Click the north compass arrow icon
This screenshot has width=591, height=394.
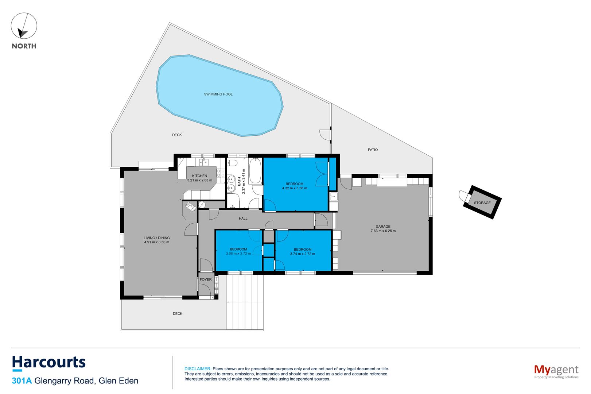pos(24,26)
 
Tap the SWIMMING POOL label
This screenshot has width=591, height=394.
pos(218,94)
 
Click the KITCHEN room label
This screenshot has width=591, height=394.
pos(199,176)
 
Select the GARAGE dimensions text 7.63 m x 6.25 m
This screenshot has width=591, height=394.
pos(383,231)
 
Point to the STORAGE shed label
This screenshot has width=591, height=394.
pos(482,203)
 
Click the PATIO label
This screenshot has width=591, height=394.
pos(373,150)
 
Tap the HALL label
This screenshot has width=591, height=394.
pos(243,219)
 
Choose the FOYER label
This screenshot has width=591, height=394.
pos(206,279)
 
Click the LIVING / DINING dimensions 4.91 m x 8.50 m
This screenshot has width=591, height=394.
pos(157,242)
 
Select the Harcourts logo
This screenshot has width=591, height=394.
pos(49,362)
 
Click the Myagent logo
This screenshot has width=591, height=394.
pos(556,371)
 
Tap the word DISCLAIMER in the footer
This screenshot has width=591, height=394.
pos(198,369)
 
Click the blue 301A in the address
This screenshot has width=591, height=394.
pos(22,381)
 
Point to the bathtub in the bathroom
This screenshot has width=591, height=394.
pos(255,171)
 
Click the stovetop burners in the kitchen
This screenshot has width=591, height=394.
pos(219,173)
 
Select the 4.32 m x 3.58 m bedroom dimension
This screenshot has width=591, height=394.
pos(295,188)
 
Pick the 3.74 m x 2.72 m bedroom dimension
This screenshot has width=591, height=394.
pos(303,254)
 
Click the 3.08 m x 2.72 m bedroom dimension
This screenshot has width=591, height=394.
pos(238,254)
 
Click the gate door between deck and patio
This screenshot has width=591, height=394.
pos(325,135)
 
